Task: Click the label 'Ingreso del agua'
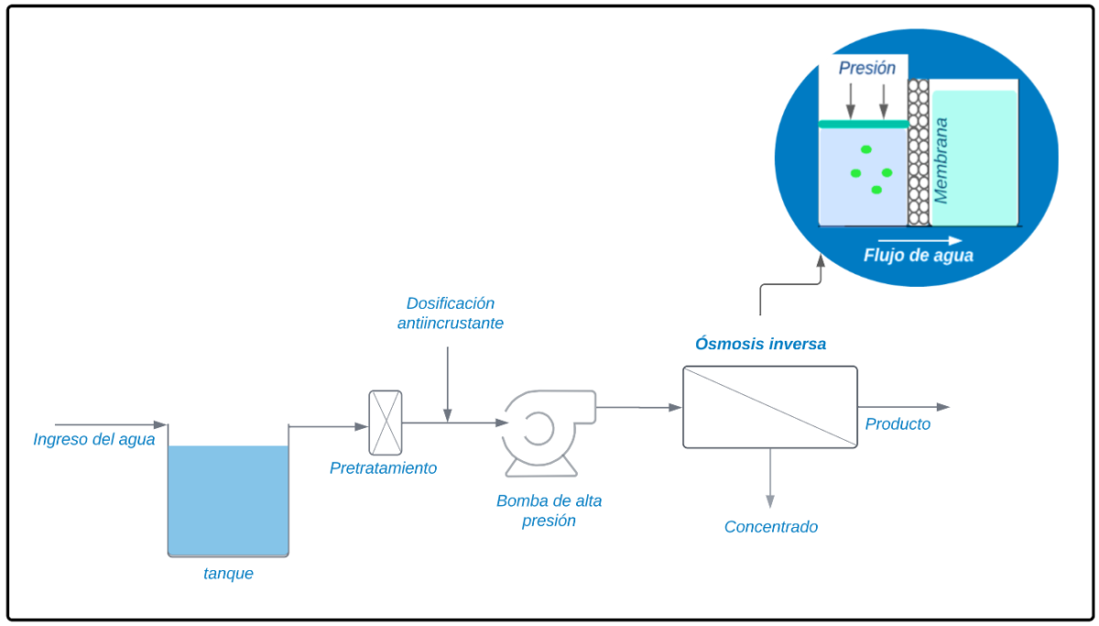(94, 440)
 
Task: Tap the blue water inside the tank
(228, 500)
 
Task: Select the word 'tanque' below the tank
(228, 575)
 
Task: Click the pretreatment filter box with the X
(385, 423)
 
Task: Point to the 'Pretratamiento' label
(384, 468)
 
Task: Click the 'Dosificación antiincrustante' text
(451, 313)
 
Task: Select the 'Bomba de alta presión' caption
(549, 511)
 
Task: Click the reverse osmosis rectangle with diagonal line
(770, 407)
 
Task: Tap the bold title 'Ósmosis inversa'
(760, 345)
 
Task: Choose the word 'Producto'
(898, 424)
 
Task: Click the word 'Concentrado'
(771, 527)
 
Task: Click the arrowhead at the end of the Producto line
(943, 407)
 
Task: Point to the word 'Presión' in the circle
(867, 68)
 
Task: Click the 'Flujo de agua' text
(918, 256)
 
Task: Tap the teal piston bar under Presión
(863, 124)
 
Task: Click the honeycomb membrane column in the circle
(918, 151)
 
